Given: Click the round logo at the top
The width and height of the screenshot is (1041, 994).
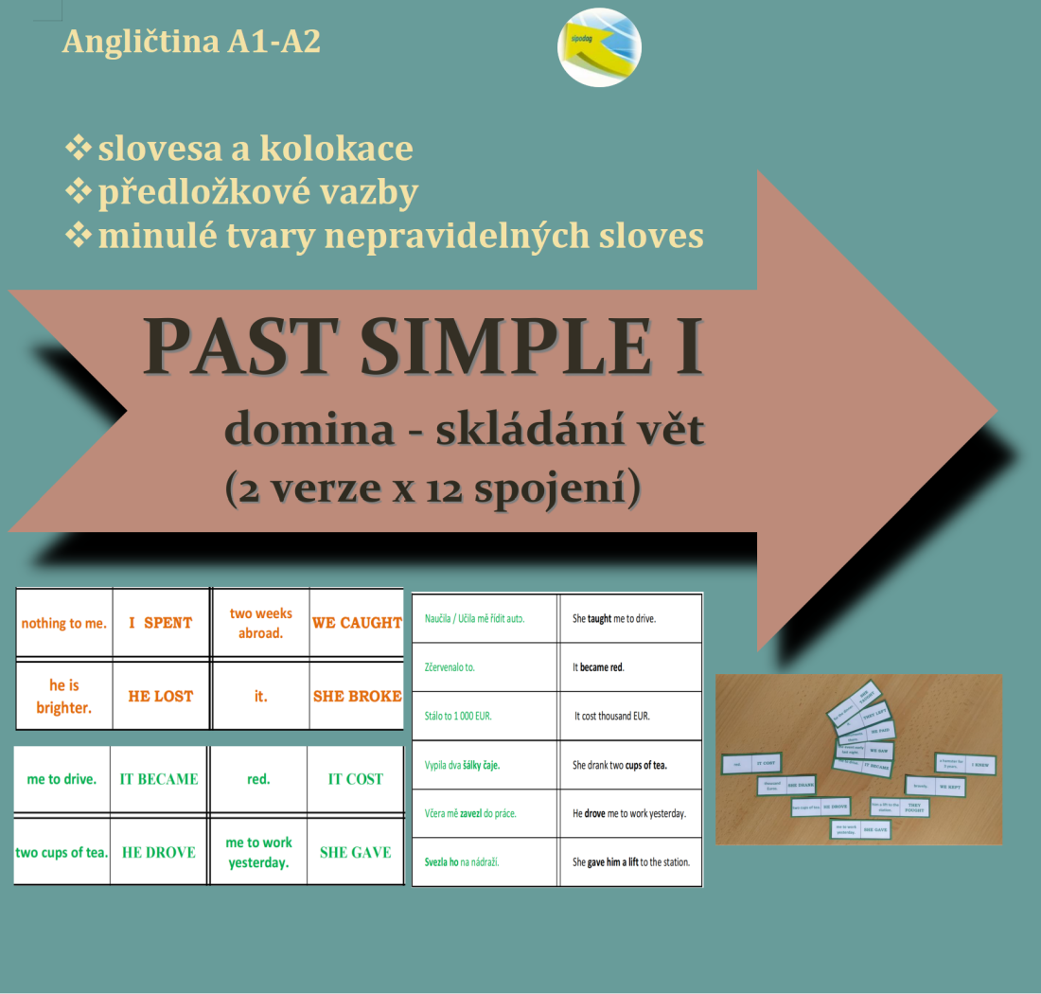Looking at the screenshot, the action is point(599,47).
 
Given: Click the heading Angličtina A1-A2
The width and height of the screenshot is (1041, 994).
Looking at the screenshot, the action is point(191,42).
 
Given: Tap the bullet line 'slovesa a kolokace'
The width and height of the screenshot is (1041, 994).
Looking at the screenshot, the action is point(255,149).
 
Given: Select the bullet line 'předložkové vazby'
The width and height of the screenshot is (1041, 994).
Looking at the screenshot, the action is point(257,192).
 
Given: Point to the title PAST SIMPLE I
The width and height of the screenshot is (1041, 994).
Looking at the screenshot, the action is point(423,348).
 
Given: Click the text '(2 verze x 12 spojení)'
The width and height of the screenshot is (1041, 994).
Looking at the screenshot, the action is point(432,487).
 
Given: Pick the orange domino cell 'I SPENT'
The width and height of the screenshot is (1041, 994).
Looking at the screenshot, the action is point(161,623).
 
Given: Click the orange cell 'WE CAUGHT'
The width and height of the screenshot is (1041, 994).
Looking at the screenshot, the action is point(357,623).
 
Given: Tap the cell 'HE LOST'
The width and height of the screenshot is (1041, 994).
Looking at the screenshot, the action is point(161,696).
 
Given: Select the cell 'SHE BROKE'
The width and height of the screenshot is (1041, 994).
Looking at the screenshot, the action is point(357,696).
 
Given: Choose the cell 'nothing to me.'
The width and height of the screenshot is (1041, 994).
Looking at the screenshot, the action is point(64,623).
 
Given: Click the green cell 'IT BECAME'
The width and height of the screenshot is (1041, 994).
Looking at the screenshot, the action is point(159,779).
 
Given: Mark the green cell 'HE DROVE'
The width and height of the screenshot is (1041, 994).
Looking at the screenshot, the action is point(159,852).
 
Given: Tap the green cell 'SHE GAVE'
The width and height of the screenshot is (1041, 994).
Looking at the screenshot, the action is point(355,852).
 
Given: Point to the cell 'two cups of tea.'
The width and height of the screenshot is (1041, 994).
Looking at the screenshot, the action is point(62,852).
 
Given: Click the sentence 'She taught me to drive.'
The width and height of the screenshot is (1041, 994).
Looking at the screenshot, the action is point(614,618).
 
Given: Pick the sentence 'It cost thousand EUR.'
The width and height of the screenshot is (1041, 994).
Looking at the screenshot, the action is point(611,716).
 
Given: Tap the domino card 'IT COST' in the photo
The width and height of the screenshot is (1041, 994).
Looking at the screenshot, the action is point(767,763).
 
